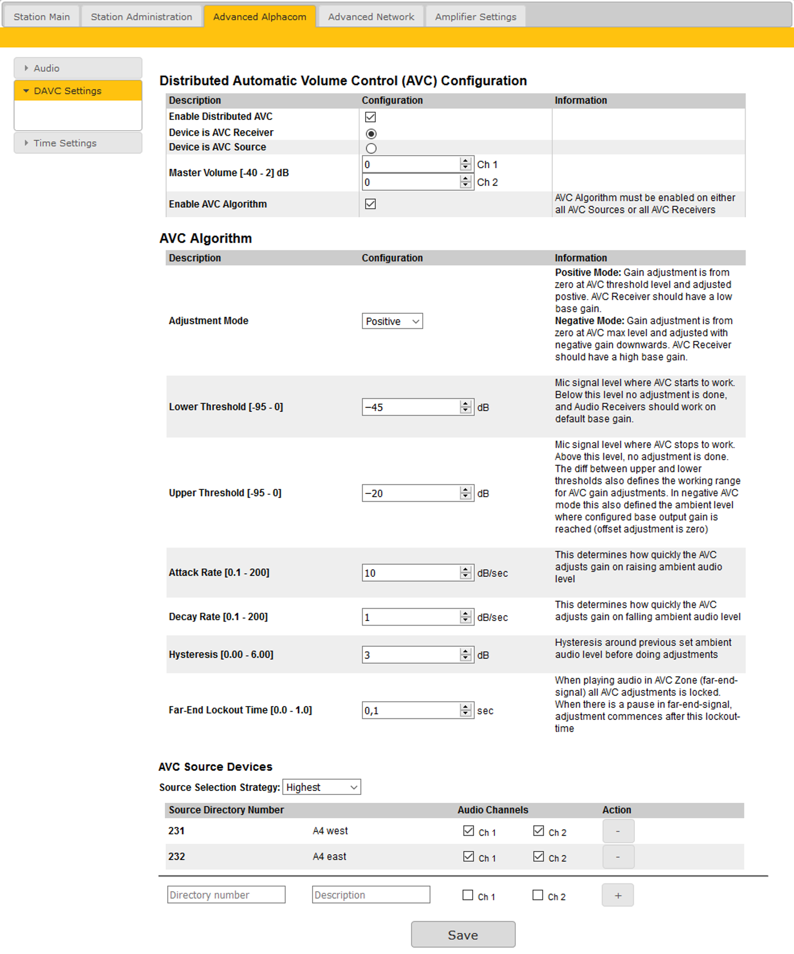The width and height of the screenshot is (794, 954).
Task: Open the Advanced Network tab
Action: [x=371, y=16]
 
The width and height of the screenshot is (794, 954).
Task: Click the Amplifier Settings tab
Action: [x=475, y=16]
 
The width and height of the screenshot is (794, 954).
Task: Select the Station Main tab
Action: [x=42, y=16]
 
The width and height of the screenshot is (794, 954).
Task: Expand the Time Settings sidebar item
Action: [x=65, y=143]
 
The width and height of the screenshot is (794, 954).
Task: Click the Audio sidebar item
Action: [x=46, y=68]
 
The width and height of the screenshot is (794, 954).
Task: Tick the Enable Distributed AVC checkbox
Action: [x=370, y=117]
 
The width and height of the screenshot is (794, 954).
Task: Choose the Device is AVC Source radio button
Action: [x=371, y=148]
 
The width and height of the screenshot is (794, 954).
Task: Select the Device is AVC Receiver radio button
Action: [x=371, y=134]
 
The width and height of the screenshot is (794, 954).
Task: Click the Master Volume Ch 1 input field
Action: [x=411, y=165]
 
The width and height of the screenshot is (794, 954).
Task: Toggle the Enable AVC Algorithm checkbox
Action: [x=370, y=204]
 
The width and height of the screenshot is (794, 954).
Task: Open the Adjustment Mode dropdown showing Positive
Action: [x=392, y=321]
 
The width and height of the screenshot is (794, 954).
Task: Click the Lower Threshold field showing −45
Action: [x=411, y=407]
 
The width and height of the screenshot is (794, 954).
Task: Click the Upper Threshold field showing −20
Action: [x=411, y=493]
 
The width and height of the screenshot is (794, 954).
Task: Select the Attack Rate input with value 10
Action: [x=411, y=573]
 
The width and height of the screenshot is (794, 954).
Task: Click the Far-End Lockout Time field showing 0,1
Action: [x=411, y=711]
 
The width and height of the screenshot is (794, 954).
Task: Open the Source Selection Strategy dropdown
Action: [x=321, y=787]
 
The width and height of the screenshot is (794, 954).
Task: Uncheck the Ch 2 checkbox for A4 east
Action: [x=539, y=856]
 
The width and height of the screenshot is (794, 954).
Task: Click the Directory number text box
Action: [x=226, y=895]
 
